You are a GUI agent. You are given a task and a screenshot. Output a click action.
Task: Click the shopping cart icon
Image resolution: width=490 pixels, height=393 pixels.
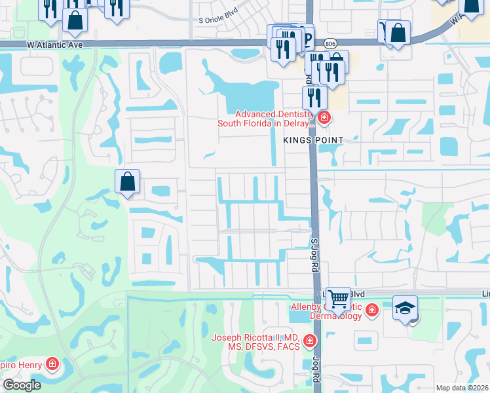(338, 299)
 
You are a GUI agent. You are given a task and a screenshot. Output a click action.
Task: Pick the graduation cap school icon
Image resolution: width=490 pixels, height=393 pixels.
(405, 307)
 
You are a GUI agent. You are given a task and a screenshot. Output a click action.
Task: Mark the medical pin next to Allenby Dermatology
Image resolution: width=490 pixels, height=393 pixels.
(372, 310)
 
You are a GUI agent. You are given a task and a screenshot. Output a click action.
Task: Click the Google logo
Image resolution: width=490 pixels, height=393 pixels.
(22, 385)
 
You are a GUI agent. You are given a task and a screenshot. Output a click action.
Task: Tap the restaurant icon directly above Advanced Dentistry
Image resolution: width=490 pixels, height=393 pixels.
(314, 98)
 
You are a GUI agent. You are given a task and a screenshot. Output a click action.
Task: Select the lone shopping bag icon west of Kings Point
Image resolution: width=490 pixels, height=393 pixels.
(128, 181)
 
